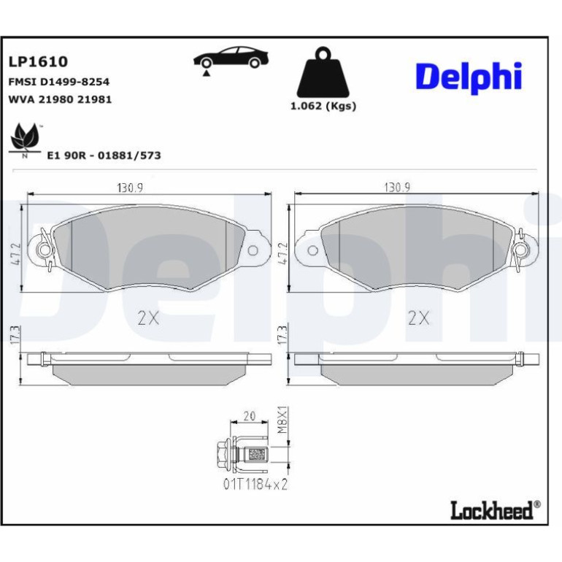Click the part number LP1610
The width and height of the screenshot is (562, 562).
click(x=38, y=61)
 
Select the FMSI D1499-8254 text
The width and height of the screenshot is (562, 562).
click(x=59, y=82)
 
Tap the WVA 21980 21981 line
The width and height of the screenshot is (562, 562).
click(x=60, y=99)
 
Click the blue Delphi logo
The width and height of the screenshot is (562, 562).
click(x=469, y=77)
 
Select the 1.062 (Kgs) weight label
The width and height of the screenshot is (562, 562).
click(x=323, y=106)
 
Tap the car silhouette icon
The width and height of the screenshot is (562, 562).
click(x=231, y=58)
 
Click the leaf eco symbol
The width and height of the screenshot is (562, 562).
click(x=25, y=139)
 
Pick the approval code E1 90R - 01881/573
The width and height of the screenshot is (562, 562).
click(x=104, y=155)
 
